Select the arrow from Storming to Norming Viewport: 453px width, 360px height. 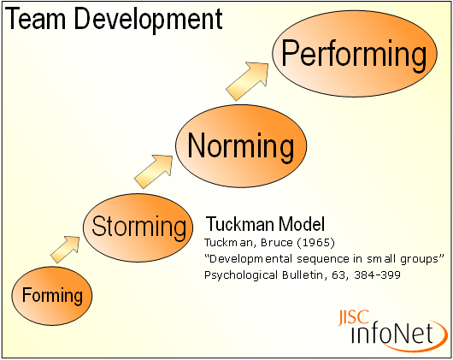coord(154,170)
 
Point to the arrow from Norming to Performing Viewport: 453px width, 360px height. coord(252,81)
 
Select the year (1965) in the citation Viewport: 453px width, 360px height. coord(300,242)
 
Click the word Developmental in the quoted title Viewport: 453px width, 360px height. coord(245,258)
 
